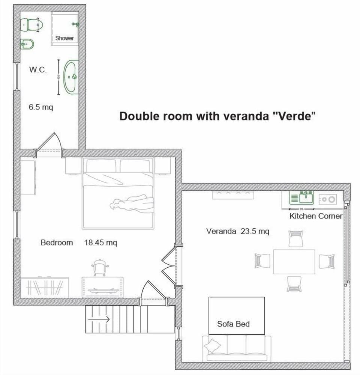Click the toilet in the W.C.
32,25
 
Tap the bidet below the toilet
27,45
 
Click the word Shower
64,38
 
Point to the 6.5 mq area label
41,107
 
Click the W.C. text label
38,70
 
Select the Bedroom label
57,242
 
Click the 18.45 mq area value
100,242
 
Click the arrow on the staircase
98,319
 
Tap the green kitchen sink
301,197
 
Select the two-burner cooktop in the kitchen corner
328,199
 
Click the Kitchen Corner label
316,216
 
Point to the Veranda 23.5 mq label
237,231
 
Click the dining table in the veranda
294,261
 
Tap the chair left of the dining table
262,261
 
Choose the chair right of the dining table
326,261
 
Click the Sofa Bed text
233,324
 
